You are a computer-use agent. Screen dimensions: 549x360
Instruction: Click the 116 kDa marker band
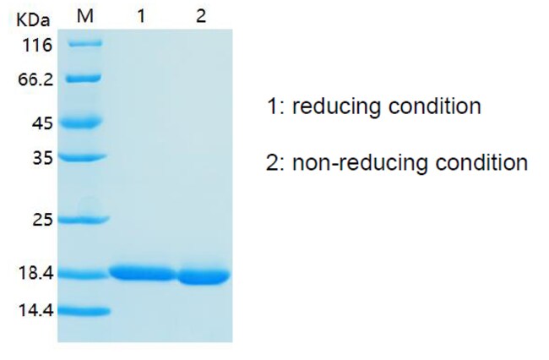[x=85, y=43]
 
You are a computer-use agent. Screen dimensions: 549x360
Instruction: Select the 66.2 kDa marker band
[x=84, y=79]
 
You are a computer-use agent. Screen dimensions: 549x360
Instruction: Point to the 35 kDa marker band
[x=83, y=157]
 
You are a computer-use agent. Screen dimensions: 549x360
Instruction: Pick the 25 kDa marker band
[x=84, y=220]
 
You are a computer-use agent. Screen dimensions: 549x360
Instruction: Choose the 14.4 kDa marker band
[x=84, y=311]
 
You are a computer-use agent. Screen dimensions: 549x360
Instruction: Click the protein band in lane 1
[x=143, y=273]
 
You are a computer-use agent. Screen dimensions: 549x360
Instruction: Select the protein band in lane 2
[x=204, y=276]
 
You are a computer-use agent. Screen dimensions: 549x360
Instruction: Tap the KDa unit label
[x=33, y=20]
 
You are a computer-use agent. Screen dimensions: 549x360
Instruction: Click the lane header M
[x=85, y=16]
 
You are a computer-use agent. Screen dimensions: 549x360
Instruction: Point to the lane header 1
[x=141, y=16]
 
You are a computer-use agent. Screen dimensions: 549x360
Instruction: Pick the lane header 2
[x=201, y=16]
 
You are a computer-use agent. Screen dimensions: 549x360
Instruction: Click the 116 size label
[x=37, y=46]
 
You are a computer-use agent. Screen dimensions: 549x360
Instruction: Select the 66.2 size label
[x=35, y=79]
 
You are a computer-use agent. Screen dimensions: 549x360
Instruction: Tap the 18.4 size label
[x=36, y=273]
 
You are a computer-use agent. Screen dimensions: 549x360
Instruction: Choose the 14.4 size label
[x=36, y=310]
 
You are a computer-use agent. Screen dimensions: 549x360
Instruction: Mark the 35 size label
[x=43, y=158]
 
